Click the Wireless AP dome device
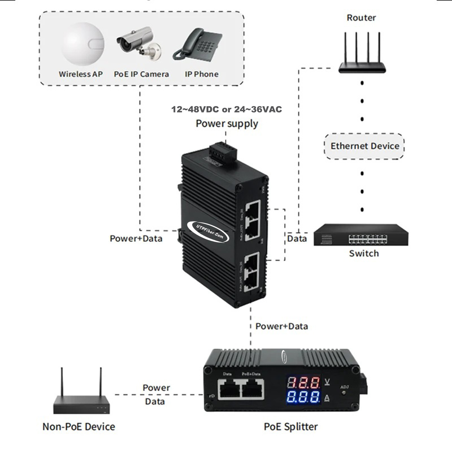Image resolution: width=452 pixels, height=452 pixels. coord(82,44)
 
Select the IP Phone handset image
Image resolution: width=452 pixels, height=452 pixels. coord(198,45)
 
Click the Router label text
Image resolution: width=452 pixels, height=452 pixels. coord(361,18)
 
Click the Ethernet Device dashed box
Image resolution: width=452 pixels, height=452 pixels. coord(364,146)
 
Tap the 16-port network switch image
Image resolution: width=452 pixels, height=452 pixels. coord(361,235)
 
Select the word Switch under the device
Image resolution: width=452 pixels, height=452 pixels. coord(364,253)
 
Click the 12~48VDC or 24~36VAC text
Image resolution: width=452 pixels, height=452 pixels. coord(227,109)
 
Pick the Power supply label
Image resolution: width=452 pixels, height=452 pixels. coord(227,124)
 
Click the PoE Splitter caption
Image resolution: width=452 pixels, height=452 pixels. coord(291,427)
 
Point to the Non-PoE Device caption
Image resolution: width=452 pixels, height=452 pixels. coord(79,427)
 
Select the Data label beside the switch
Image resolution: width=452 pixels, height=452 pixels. coord(297,239)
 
